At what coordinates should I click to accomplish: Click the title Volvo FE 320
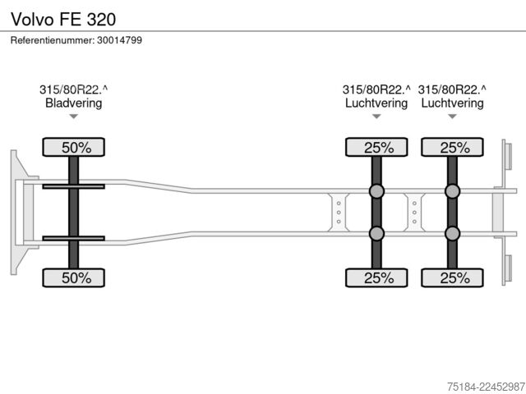point(63,19)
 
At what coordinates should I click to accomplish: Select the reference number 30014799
point(119,40)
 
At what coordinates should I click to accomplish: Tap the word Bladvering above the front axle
point(73,103)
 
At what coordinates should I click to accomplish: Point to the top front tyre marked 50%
point(73,147)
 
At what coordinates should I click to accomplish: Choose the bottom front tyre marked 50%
point(73,277)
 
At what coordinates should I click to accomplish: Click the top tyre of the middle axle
point(376,147)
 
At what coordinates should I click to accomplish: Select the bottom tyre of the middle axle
point(376,277)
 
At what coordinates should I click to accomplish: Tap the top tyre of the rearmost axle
point(452,147)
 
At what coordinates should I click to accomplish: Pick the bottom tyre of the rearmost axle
point(452,277)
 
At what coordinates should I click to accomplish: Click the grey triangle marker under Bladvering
point(73,117)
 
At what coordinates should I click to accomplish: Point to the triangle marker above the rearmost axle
point(452,117)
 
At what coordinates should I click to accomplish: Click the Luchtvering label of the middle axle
point(376,103)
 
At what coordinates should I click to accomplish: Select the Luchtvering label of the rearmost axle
point(452,103)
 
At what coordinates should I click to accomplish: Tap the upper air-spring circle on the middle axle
point(376,191)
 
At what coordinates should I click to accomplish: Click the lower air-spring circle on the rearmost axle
point(452,233)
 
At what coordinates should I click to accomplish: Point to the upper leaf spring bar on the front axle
point(73,186)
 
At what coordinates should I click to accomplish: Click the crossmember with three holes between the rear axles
point(414,213)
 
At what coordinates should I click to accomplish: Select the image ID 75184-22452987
point(486,387)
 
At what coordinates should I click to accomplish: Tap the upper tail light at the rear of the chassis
point(508,157)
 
